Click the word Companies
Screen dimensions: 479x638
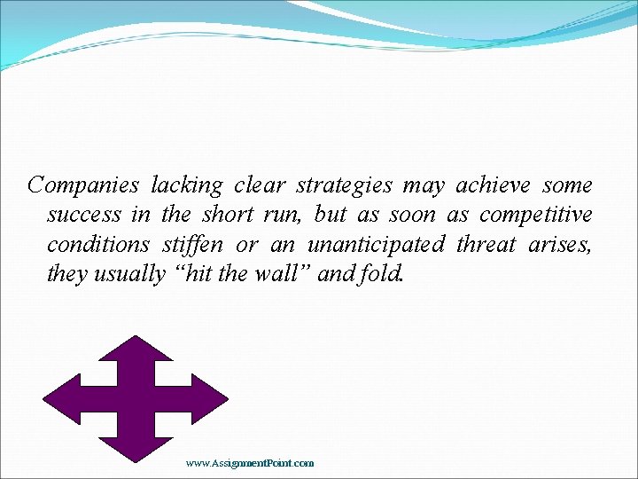83,185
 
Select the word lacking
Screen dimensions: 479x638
187,185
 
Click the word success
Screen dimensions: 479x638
84,216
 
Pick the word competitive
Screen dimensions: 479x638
536,216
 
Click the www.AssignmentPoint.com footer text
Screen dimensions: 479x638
250,463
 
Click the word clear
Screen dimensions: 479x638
261,185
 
